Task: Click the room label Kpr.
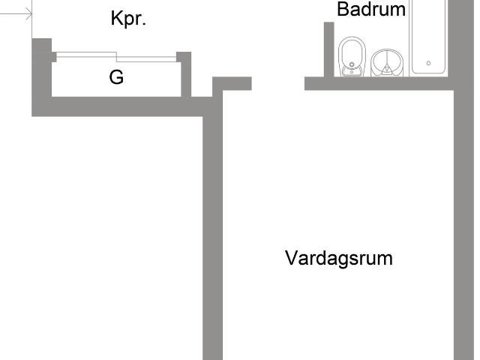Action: click(128, 19)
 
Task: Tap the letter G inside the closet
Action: click(116, 77)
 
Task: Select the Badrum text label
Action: click(371, 10)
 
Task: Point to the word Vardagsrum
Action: click(339, 259)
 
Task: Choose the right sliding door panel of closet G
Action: click(146, 58)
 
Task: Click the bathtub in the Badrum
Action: click(428, 37)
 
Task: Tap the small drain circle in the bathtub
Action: click(428, 64)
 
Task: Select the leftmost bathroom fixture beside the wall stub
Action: click(350, 57)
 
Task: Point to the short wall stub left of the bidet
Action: click(328, 49)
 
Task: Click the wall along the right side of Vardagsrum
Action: click(464, 225)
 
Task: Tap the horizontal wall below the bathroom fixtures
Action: click(379, 83)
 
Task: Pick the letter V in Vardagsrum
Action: click(291, 259)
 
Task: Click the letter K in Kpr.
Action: click(116, 19)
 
